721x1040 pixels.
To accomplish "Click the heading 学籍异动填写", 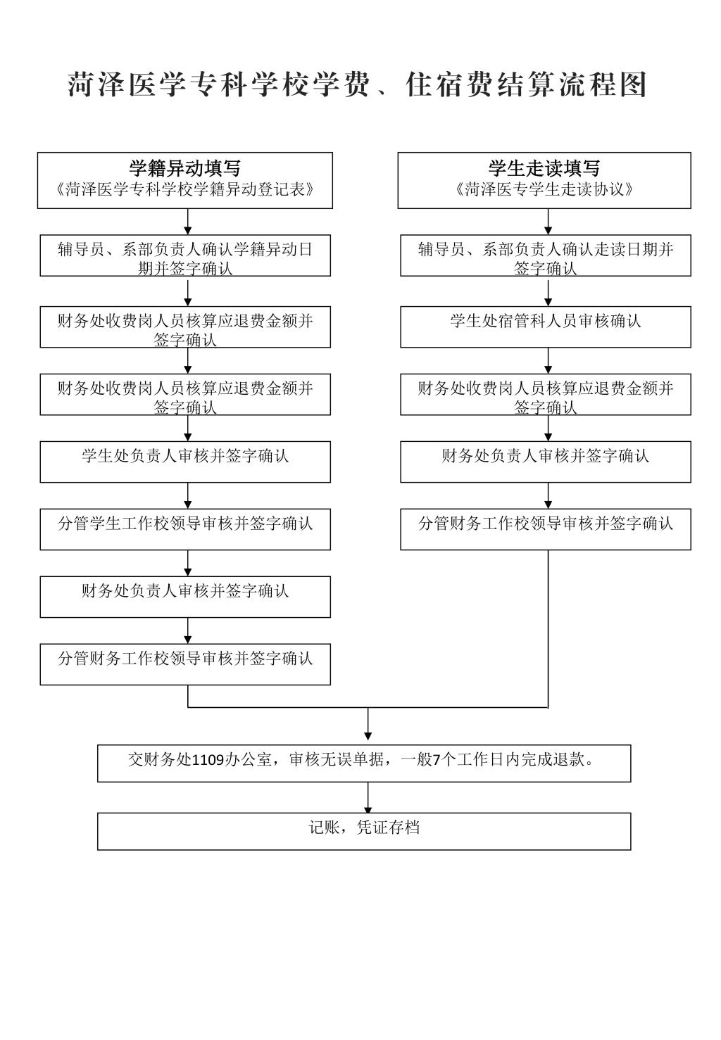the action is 185,168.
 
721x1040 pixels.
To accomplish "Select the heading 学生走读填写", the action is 544,168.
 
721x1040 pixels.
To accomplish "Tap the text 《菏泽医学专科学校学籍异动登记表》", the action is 185,189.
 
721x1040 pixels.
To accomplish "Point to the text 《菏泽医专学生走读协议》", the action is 544,189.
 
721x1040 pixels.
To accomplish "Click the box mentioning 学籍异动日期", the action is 185,255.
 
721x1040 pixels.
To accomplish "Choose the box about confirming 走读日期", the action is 546,255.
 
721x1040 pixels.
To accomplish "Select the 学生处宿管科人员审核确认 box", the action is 546,327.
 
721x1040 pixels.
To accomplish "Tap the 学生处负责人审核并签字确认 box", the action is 185,462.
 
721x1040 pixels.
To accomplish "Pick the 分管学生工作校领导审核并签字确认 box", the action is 185,529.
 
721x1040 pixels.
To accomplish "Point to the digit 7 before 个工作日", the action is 436,760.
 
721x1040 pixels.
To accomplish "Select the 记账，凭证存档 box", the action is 364,832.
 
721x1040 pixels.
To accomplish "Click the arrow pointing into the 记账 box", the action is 368,798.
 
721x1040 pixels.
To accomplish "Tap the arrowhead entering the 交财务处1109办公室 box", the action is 368,736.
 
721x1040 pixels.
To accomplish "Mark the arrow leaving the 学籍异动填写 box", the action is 188,222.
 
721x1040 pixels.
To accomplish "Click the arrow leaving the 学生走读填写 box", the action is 548,222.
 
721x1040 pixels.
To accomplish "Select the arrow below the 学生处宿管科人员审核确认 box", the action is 548,361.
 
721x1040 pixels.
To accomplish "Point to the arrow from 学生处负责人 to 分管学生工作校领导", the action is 188,496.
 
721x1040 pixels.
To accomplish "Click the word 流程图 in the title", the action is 603,85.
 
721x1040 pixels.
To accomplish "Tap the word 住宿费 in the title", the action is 449,85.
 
